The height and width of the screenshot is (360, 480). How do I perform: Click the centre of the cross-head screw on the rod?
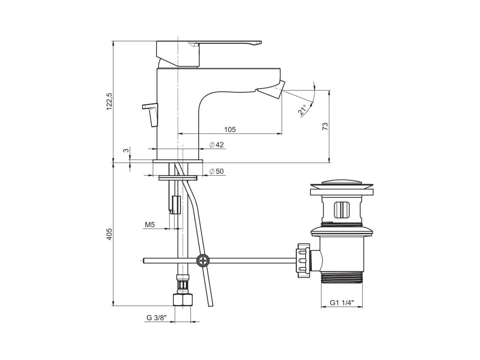(203, 261)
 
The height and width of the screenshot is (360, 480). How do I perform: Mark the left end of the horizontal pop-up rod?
(143, 261)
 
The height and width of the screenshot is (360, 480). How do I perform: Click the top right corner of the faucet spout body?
(280, 68)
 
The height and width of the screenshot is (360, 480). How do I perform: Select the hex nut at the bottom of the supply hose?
(184, 300)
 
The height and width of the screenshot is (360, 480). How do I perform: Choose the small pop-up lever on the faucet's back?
(150, 114)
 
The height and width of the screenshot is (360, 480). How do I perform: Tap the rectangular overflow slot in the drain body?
(342, 210)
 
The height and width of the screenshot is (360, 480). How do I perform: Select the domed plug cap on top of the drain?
(342, 184)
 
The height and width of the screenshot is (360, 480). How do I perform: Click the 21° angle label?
(302, 110)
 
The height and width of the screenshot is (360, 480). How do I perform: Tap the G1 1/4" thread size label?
(342, 303)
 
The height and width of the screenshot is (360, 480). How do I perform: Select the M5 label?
(150, 225)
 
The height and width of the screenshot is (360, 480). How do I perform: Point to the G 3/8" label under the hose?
(156, 318)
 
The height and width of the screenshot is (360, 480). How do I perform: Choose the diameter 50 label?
(217, 172)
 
